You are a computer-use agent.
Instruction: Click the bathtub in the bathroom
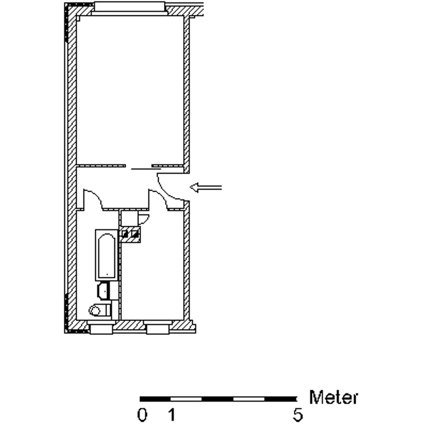click(x=106, y=255)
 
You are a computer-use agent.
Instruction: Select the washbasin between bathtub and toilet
click(x=104, y=291)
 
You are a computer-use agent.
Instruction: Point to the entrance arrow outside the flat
click(x=206, y=187)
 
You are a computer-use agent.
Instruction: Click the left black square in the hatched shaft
click(x=125, y=233)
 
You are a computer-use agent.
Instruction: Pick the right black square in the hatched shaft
click(x=135, y=233)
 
